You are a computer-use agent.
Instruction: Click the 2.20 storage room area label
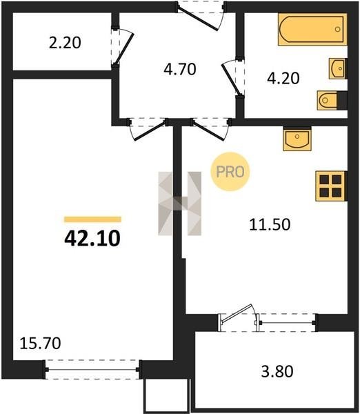pos(65,43)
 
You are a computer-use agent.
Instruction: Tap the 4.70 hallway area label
pos(180,70)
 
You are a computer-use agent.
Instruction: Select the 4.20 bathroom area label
pos(283,78)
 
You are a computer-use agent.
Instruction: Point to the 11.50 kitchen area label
pos(270,224)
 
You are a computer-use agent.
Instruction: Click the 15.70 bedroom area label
pos(40,343)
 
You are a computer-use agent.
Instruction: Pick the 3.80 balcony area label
pos(277,371)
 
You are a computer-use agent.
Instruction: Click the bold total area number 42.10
pos(92,238)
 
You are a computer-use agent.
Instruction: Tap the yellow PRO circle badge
pos(230,172)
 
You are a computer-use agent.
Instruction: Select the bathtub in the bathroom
pos(312,29)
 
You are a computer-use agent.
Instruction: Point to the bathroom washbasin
pos(337,68)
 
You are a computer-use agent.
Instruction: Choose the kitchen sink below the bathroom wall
pos(297,139)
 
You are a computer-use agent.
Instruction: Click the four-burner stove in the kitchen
pos(331,186)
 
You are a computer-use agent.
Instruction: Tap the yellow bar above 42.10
pos(92,219)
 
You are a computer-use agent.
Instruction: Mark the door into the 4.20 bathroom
pos(232,78)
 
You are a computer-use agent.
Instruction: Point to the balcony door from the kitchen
pos(237,317)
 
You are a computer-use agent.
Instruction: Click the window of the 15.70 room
pos(92,370)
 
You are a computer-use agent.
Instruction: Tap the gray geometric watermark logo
pos(180,204)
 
